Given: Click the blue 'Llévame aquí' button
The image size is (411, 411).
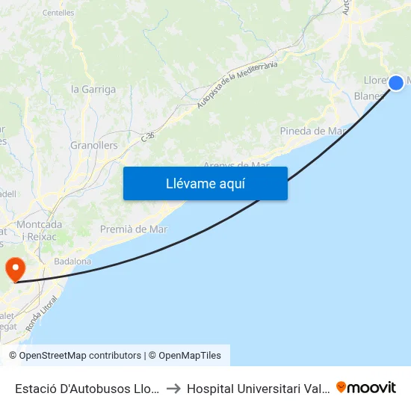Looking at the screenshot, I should pyautogui.click(x=205, y=183).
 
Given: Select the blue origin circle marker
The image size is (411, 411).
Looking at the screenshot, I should pyautogui.click(x=396, y=83).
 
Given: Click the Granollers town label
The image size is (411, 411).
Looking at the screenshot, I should pyautogui.click(x=94, y=145).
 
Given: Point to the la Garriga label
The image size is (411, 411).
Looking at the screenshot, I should pyautogui.click(x=93, y=89).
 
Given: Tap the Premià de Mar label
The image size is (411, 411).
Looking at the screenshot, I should pyautogui.click(x=134, y=229).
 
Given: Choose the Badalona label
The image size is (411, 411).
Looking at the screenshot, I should pyautogui.click(x=73, y=262).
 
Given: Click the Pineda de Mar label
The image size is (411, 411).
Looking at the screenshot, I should pyautogui.click(x=312, y=131).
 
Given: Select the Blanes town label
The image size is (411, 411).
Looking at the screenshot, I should pyautogui.click(x=368, y=96).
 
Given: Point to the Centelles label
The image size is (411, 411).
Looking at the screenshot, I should pyautogui.click(x=58, y=13).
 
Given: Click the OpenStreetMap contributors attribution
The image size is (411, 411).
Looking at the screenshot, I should pyautogui.click(x=75, y=356).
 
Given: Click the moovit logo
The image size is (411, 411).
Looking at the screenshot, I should pyautogui.click(x=366, y=387).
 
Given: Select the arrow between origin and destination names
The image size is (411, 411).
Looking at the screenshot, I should pyautogui.click(x=172, y=388).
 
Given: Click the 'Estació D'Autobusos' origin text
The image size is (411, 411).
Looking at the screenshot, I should pyautogui.click(x=87, y=388).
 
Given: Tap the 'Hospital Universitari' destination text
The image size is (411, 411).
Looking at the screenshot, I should pyautogui.click(x=258, y=388).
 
